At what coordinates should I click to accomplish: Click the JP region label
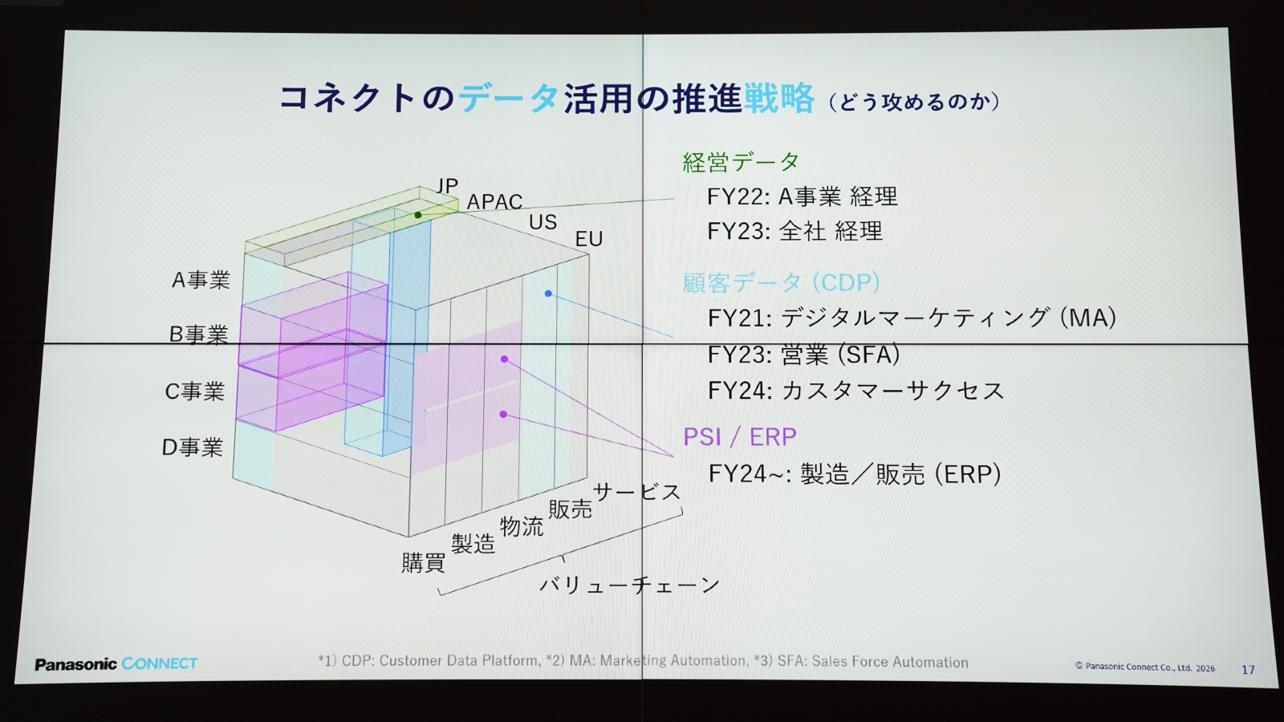click(447, 185)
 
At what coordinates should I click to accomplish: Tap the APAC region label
click(494, 201)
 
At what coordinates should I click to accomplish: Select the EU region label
click(589, 239)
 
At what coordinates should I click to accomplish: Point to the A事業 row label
click(201, 280)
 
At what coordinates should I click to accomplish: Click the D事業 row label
click(192, 448)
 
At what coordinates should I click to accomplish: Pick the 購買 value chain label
click(423, 562)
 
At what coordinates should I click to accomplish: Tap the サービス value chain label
click(637, 492)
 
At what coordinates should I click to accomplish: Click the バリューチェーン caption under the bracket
click(629, 585)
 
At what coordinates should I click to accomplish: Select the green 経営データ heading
click(741, 162)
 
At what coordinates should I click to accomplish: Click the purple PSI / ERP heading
click(739, 437)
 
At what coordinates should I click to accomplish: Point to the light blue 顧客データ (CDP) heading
click(781, 282)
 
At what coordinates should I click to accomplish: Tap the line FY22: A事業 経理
click(802, 197)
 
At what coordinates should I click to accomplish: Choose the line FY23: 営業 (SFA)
click(803, 354)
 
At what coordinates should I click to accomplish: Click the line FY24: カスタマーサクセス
click(855, 390)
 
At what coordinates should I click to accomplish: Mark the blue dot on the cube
click(549, 294)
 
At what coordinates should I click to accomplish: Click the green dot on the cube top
click(418, 215)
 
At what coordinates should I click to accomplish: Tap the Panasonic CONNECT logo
click(116, 663)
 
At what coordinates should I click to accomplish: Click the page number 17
click(1248, 669)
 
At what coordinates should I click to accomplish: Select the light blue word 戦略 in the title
click(778, 98)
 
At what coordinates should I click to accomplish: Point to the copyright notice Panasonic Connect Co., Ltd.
click(1144, 667)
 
